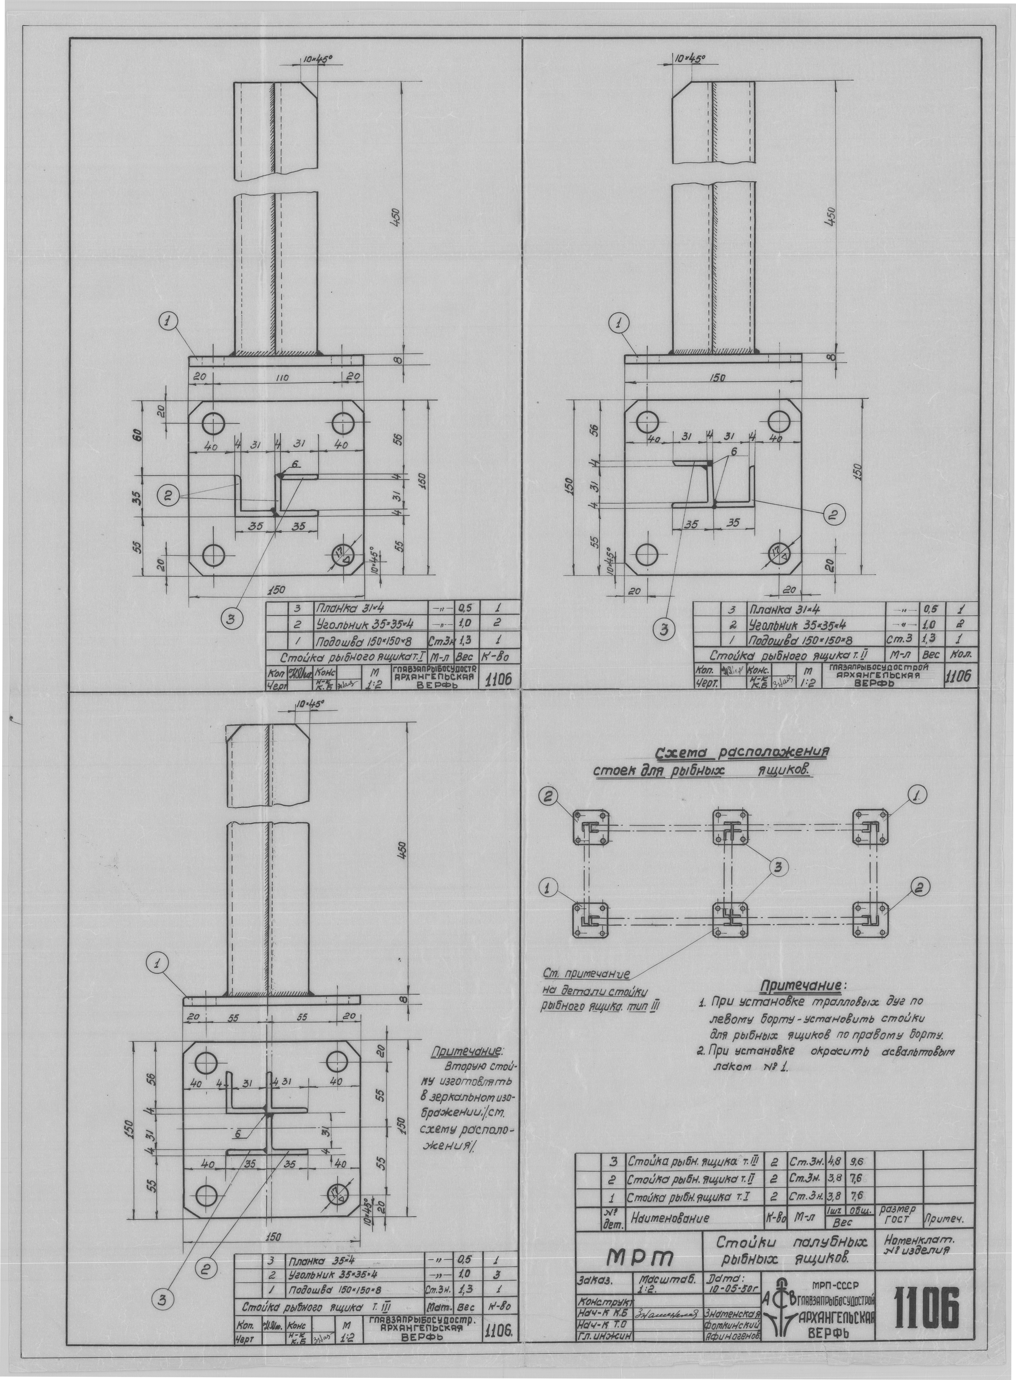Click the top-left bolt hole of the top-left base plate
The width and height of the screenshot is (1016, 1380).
pyautogui.click(x=214, y=424)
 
